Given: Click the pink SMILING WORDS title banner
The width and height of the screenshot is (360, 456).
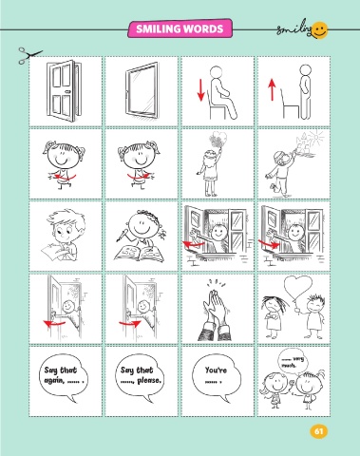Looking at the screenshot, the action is point(180,28).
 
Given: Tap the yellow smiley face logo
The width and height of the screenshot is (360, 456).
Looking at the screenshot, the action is point(320,30).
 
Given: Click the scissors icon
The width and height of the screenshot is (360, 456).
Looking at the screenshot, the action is point(29,55).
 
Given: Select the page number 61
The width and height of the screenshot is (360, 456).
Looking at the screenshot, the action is point(318,431).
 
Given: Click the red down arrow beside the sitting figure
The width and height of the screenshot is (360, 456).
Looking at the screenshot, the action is point(200,90).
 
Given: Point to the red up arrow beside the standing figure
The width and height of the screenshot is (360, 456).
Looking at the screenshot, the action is point(272,89).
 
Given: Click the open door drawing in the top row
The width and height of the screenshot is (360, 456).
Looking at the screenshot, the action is point(64,91).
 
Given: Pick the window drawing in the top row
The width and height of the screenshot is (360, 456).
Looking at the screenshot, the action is point(142,91).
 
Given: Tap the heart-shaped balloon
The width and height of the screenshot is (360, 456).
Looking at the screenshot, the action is point(297,288).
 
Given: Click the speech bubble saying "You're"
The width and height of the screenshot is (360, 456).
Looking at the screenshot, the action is point(216,377).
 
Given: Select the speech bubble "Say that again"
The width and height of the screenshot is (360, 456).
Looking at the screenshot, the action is point(64,377).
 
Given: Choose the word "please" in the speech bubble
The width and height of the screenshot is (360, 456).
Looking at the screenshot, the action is point(149,380).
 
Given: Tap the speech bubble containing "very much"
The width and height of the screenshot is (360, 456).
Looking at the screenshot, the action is point(293,362).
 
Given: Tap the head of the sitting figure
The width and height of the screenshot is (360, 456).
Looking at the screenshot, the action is point(217,72).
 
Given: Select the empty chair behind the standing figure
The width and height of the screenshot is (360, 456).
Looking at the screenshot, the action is point(290,104).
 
